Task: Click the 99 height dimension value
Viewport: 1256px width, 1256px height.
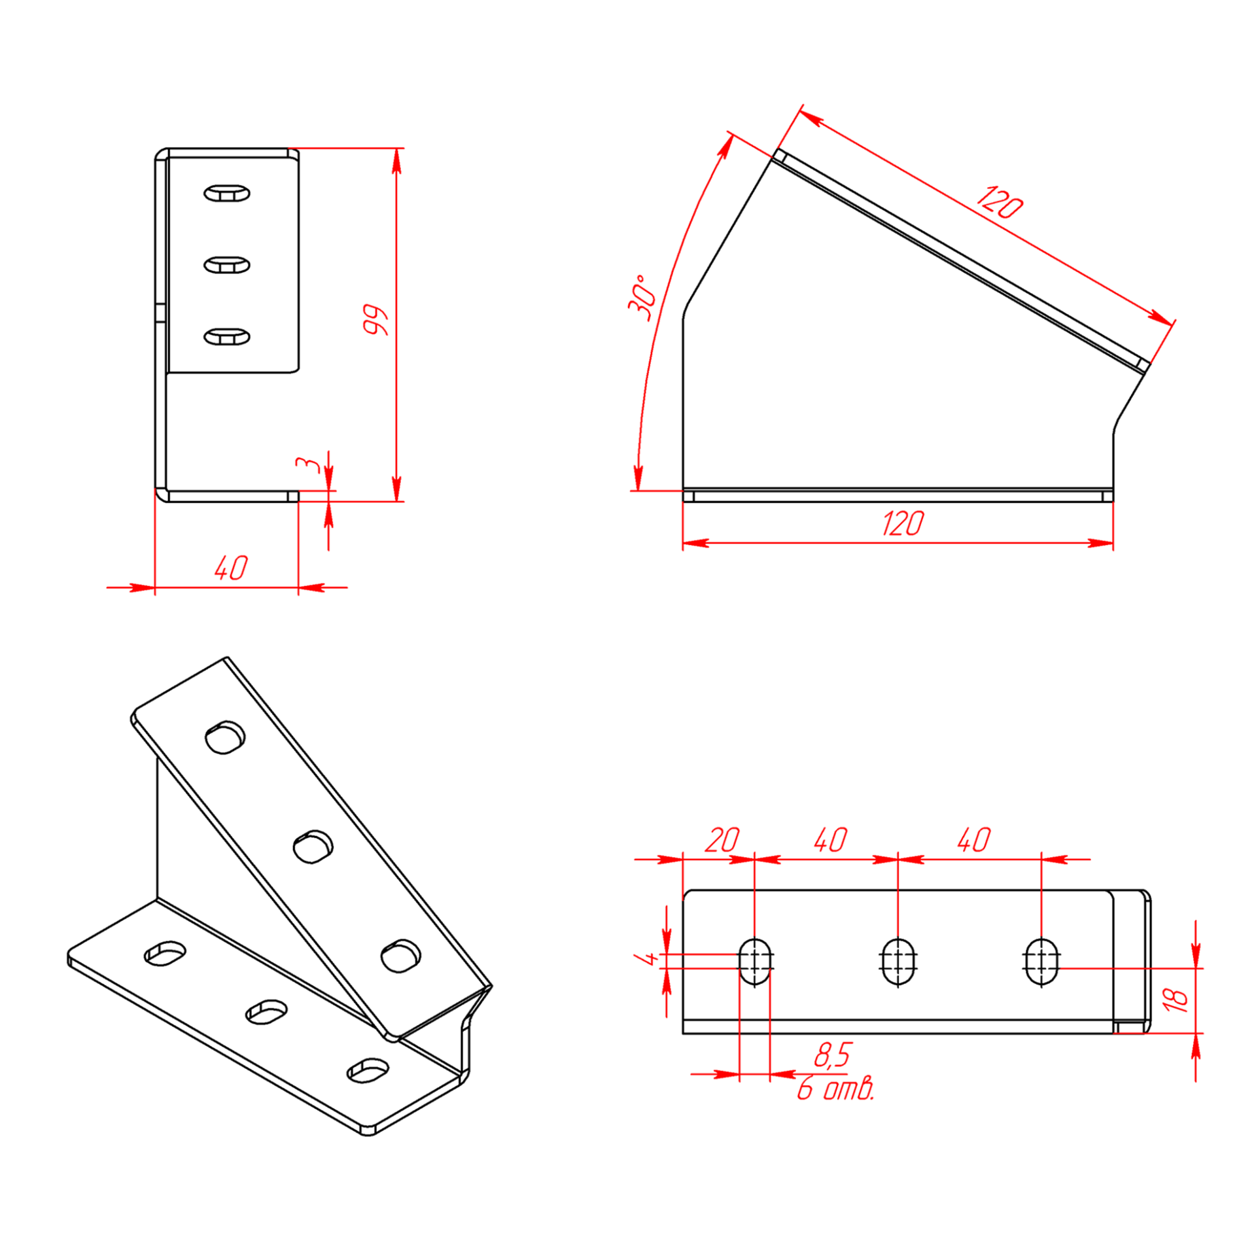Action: (376, 320)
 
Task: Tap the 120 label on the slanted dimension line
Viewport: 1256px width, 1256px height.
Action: (1000, 202)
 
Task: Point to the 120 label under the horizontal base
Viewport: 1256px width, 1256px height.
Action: (903, 524)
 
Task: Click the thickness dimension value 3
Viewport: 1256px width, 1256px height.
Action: (308, 464)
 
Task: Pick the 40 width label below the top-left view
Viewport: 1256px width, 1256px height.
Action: (232, 568)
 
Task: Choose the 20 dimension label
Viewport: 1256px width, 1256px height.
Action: (722, 840)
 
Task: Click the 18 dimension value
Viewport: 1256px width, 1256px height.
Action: (1176, 999)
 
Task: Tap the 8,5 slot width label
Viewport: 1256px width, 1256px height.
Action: (833, 1056)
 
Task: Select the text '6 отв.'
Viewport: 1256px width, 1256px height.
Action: (835, 1089)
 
